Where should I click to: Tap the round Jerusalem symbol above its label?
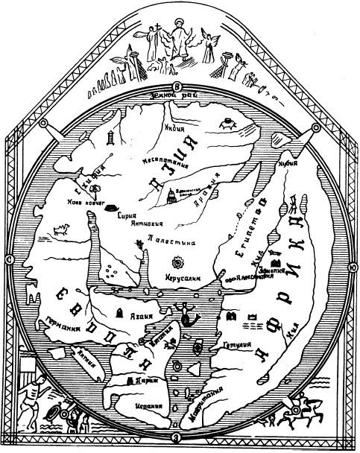click(x=178, y=264)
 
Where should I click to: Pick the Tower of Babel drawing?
click(x=171, y=195)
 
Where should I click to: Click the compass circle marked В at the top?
click(x=177, y=86)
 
